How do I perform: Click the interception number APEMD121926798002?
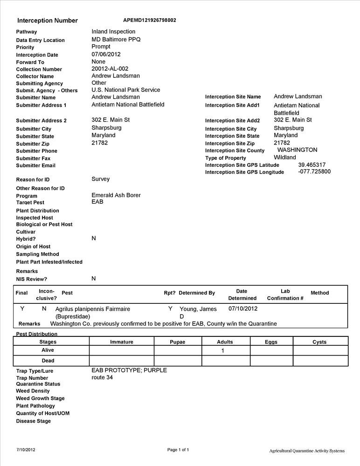coord(149,20)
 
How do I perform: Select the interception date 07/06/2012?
coord(106,54)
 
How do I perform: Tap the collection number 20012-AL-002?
coord(110,69)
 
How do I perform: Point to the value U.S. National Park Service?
coord(125,90)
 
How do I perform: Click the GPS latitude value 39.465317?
coord(312,164)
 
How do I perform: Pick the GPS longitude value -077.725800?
coord(314,171)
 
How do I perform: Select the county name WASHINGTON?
coord(297,150)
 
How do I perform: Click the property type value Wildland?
coord(284,158)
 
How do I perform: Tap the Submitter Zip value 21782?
coord(99,143)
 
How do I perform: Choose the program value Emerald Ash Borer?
coord(116,195)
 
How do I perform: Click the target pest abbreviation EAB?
coord(97,202)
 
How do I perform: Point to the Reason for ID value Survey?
coord(100,179)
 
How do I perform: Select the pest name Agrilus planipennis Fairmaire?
coord(92,309)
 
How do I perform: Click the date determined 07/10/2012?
coord(242,308)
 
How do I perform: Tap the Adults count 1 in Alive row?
coord(222,350)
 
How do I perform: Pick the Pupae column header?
coord(177,342)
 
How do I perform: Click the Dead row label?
coord(48,361)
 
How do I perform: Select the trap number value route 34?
coord(102,377)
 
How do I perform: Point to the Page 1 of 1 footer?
coord(178,450)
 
